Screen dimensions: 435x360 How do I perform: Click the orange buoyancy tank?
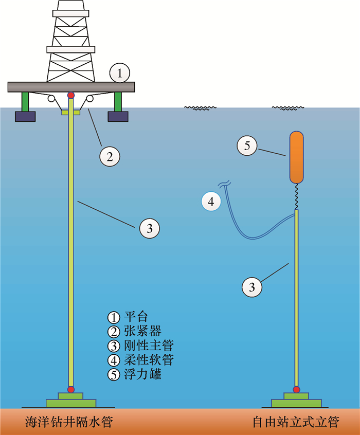(x=297, y=157)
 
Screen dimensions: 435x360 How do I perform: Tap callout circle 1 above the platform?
(x=119, y=73)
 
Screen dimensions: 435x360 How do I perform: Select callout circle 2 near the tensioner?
(x=109, y=156)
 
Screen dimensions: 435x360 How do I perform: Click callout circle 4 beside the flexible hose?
(x=210, y=202)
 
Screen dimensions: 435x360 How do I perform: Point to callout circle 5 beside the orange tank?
(x=247, y=146)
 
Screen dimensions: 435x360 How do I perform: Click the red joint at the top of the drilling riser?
(x=71, y=95)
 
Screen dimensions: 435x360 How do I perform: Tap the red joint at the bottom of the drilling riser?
(x=71, y=389)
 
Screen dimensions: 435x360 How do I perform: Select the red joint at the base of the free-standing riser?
(x=296, y=389)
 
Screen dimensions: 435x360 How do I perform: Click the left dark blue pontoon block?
(x=25, y=116)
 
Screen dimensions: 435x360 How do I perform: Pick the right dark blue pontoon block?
(x=117, y=116)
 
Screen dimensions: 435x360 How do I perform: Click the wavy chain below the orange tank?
(x=297, y=196)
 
